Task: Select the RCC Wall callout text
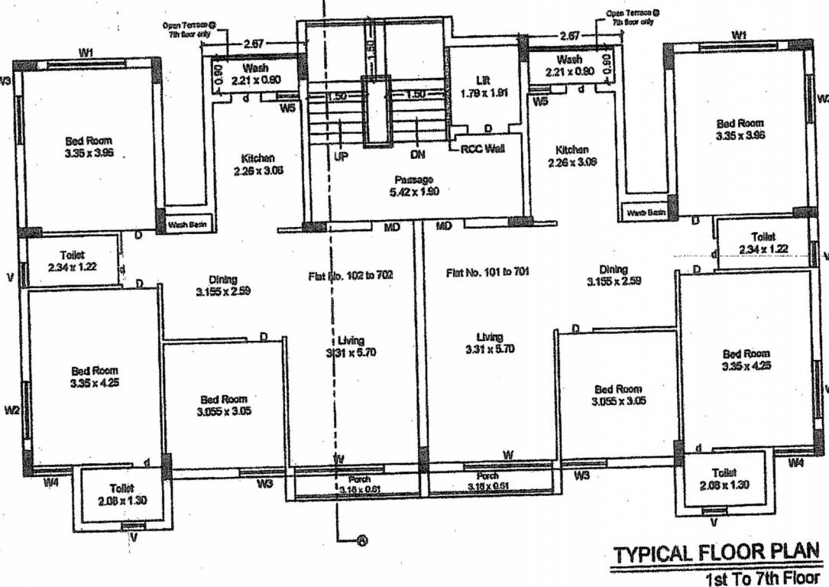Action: [482, 149]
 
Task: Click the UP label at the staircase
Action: [341, 155]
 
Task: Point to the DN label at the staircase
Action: [417, 155]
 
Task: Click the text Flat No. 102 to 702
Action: [351, 274]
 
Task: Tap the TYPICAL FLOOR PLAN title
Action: [717, 553]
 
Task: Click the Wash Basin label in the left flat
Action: [186, 225]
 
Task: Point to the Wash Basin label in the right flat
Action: [646, 212]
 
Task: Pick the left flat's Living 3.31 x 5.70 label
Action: [351, 346]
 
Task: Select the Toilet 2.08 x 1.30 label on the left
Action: [121, 493]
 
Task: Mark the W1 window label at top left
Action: [86, 52]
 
